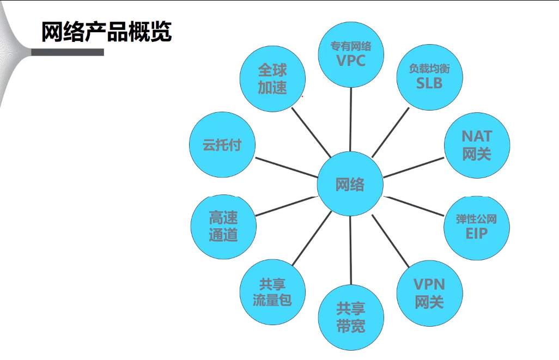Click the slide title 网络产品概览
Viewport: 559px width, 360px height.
click(x=107, y=32)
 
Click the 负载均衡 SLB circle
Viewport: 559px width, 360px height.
click(x=429, y=76)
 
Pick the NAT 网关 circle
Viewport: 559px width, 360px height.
click(x=477, y=145)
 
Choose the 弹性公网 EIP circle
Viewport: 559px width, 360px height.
click(x=477, y=227)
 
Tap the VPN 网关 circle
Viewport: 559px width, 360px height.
click(x=429, y=292)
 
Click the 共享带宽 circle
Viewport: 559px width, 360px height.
click(x=351, y=318)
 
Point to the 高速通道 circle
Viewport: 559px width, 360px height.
click(x=223, y=227)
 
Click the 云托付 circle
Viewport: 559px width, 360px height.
click(x=222, y=145)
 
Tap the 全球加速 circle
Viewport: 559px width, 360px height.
click(x=272, y=79)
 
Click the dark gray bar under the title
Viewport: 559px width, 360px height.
click(x=67, y=52)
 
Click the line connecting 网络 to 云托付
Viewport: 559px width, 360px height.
click(x=286, y=167)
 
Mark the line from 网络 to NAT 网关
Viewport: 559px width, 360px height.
click(x=414, y=167)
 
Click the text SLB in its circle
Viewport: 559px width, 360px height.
click(x=429, y=83)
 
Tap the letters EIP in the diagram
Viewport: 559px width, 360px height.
click(x=477, y=234)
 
